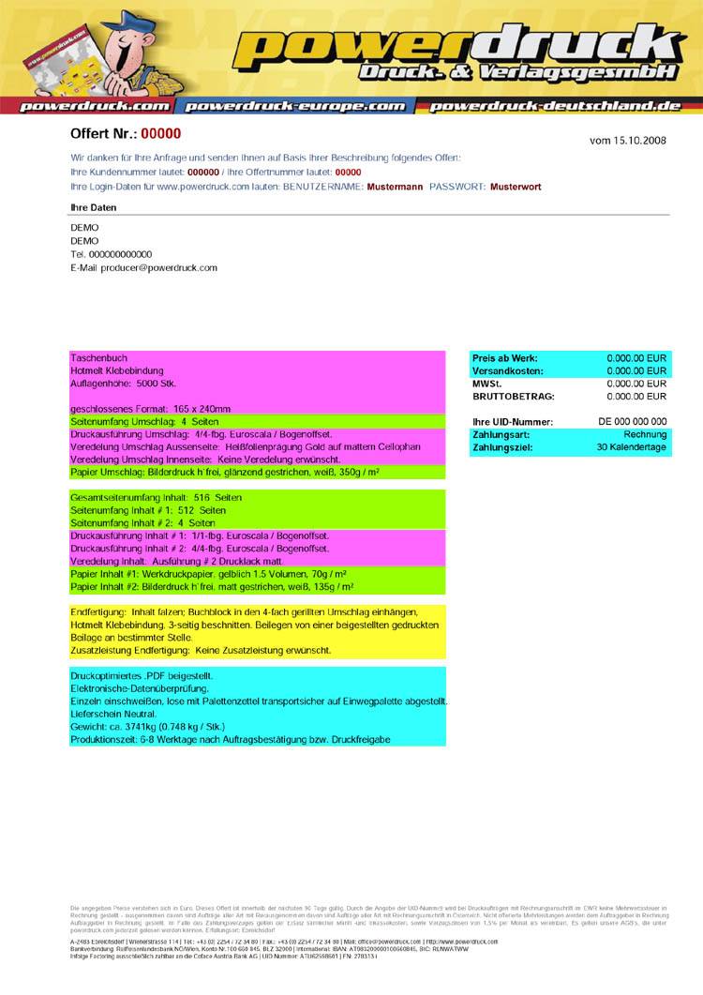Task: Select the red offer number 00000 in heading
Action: coord(160,134)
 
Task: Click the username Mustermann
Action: coord(395,188)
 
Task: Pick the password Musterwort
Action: coord(516,188)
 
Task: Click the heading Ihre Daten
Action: coord(94,207)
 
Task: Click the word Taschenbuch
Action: coord(98,358)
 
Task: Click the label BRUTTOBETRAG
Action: coord(514,397)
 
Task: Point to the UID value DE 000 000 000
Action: coord(633,422)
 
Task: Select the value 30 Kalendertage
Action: coord(632,448)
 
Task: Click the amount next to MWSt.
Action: coord(636,384)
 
